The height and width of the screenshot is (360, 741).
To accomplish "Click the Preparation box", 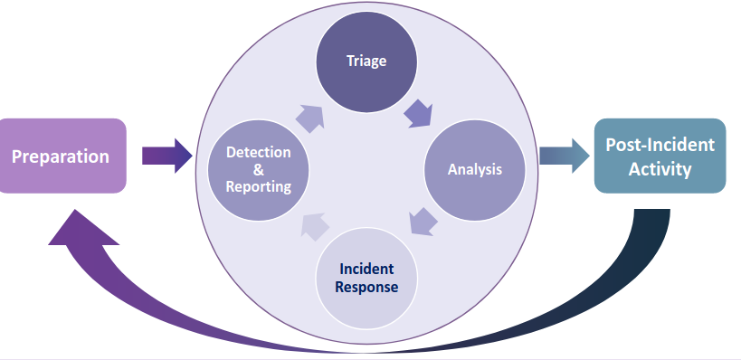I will [x=62, y=156].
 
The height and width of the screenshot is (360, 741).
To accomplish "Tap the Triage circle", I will [x=366, y=62].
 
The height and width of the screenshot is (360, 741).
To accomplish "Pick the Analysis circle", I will [x=474, y=169].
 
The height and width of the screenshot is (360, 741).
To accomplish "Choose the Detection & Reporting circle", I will [x=259, y=169].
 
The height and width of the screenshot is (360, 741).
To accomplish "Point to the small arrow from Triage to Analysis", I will [x=418, y=113].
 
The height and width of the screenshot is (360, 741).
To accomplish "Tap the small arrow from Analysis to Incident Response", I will [x=422, y=223].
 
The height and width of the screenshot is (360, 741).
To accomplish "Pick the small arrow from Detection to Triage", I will [x=309, y=116].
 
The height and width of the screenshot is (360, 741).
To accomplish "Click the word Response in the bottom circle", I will [x=366, y=288].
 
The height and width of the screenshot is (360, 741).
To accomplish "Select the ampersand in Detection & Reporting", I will [x=259, y=170].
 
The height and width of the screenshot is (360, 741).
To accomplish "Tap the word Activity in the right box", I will [x=660, y=168].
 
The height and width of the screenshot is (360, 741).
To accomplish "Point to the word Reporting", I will [x=259, y=187].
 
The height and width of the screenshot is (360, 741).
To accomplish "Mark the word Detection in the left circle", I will [x=259, y=152].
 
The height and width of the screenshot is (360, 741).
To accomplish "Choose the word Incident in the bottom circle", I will [x=366, y=270].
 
